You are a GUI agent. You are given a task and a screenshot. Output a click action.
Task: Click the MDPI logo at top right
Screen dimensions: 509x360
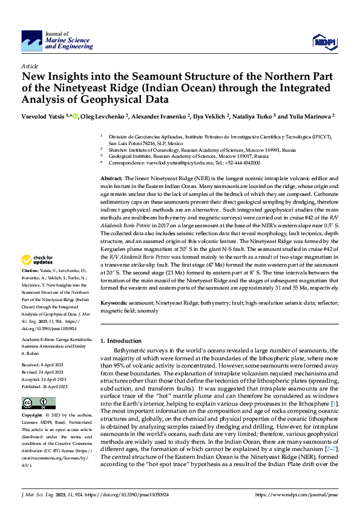point(323,41)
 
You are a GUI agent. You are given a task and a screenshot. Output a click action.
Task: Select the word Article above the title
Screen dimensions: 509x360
point(30,65)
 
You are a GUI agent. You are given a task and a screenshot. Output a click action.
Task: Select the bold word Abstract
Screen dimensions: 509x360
point(111,180)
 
